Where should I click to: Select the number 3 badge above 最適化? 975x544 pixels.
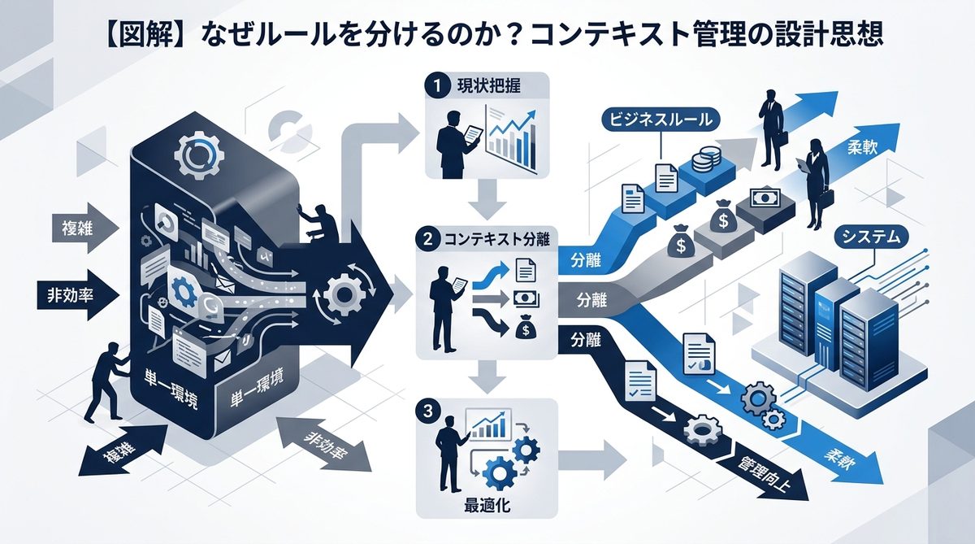(426, 410)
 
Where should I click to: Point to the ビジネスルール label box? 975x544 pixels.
(661, 120)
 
